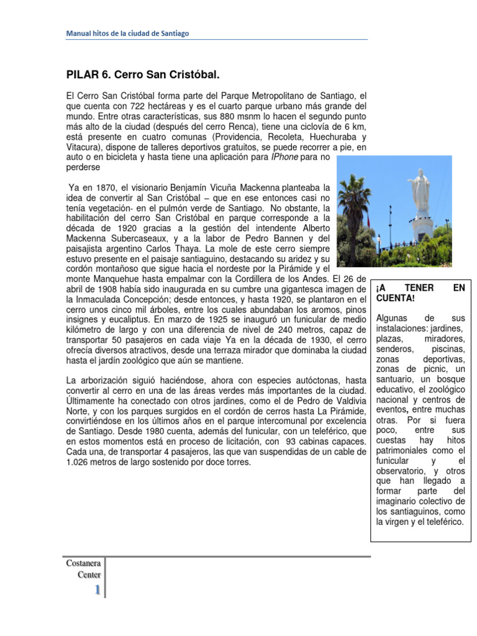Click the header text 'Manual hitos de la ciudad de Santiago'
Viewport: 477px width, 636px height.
(127, 34)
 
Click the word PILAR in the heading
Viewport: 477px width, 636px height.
(81, 75)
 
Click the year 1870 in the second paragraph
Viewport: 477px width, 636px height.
(101, 186)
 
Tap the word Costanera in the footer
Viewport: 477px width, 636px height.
(83, 563)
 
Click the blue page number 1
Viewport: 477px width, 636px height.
(97, 590)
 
